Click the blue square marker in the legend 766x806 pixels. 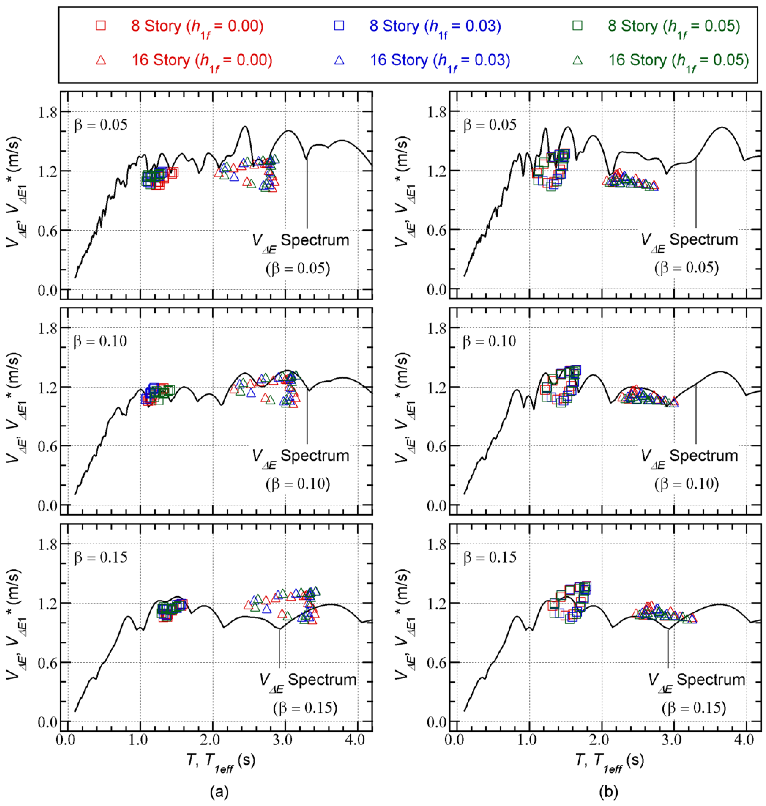coord(339,26)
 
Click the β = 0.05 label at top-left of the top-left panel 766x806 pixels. coord(101,124)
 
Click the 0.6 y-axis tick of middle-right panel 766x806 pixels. coord(437,446)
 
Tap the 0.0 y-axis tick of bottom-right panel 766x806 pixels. coord(437,722)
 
